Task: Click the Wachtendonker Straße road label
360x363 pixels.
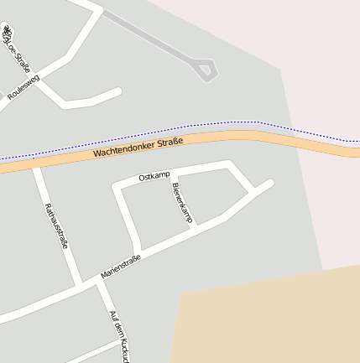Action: click(138, 148)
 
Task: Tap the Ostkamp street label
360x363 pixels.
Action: click(154, 176)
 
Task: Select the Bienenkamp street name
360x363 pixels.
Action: click(182, 203)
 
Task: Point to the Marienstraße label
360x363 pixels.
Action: click(121, 267)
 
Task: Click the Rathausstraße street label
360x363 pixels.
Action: click(55, 226)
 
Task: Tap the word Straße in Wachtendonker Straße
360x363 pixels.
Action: click(168, 143)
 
